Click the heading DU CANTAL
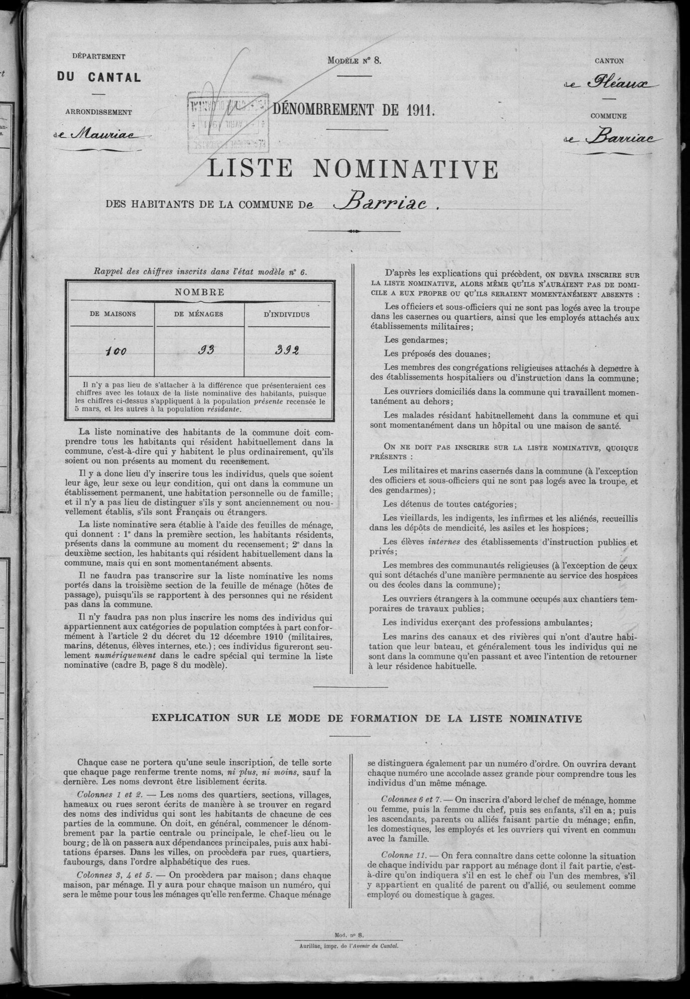[x=98, y=77]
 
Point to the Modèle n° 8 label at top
[x=354, y=60]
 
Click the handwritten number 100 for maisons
[x=115, y=351]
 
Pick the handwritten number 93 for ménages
[x=203, y=350]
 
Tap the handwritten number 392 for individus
[x=288, y=350]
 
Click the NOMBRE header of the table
[x=199, y=292]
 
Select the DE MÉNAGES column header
[x=199, y=315]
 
